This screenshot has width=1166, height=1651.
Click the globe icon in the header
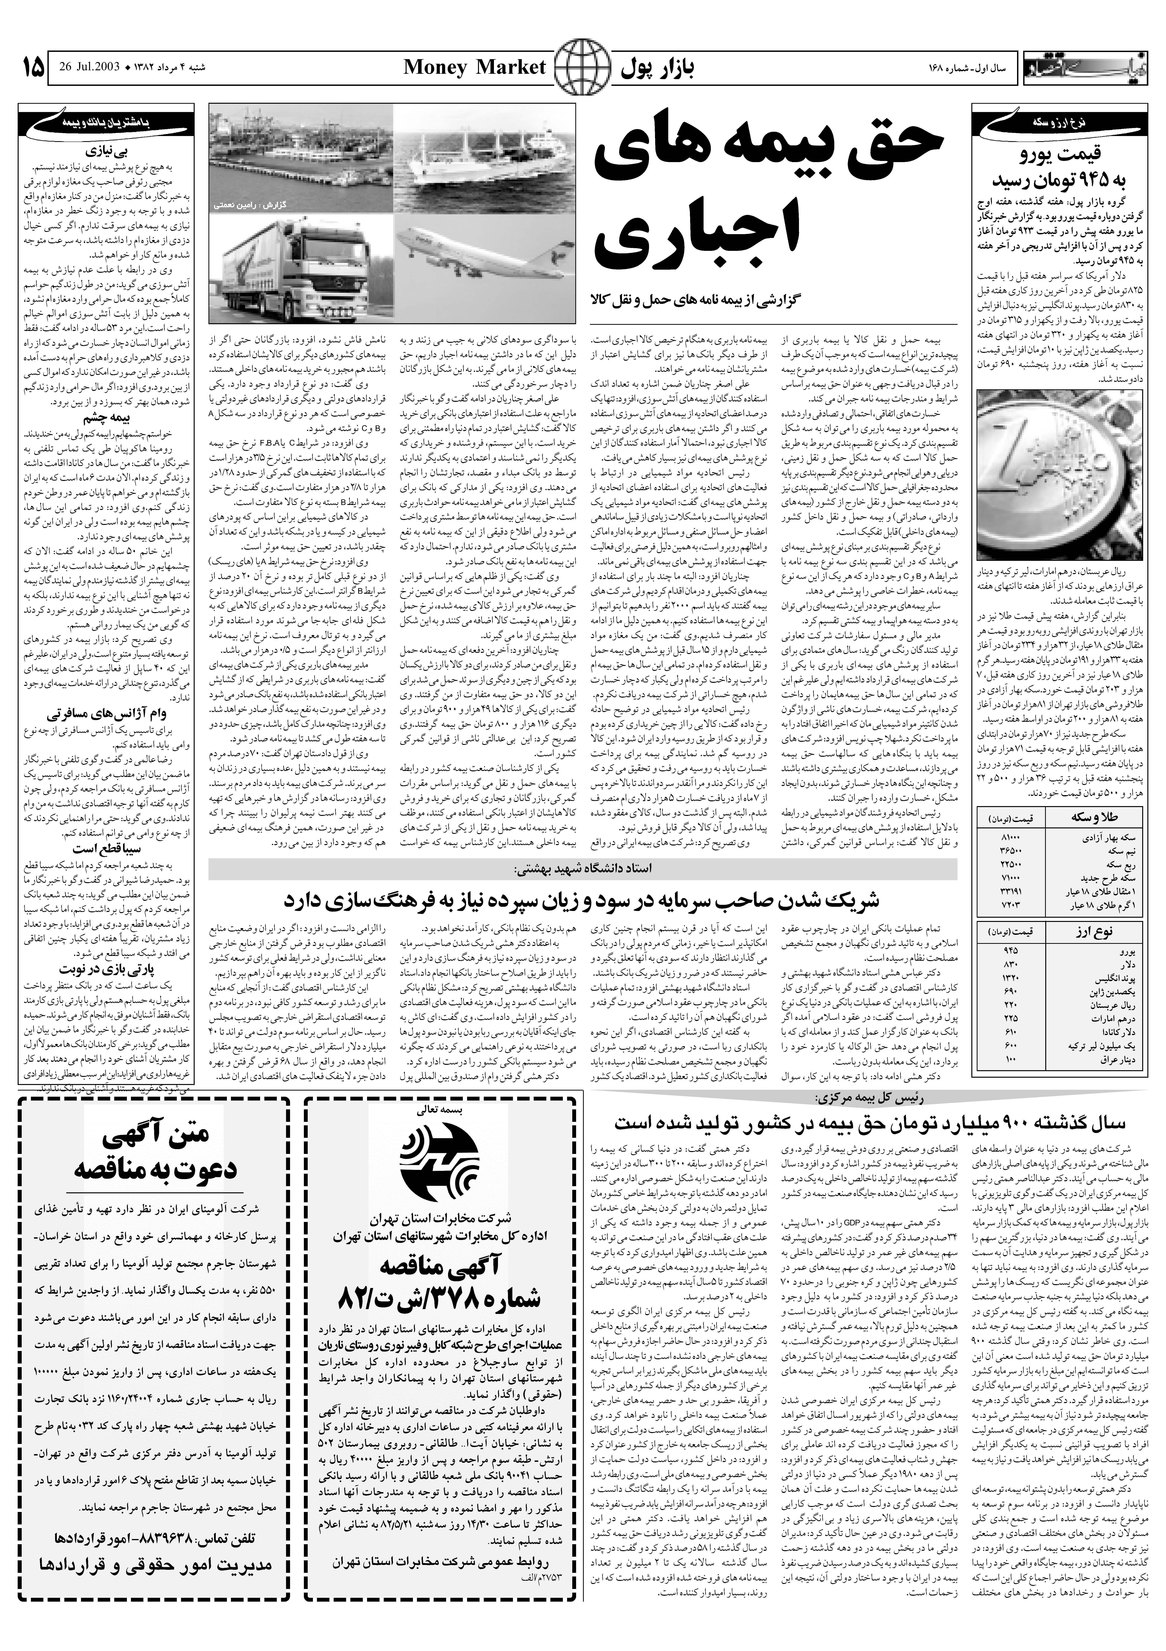pyautogui.click(x=581, y=68)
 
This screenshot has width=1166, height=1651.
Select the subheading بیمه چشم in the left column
pyautogui.click(x=106, y=416)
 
